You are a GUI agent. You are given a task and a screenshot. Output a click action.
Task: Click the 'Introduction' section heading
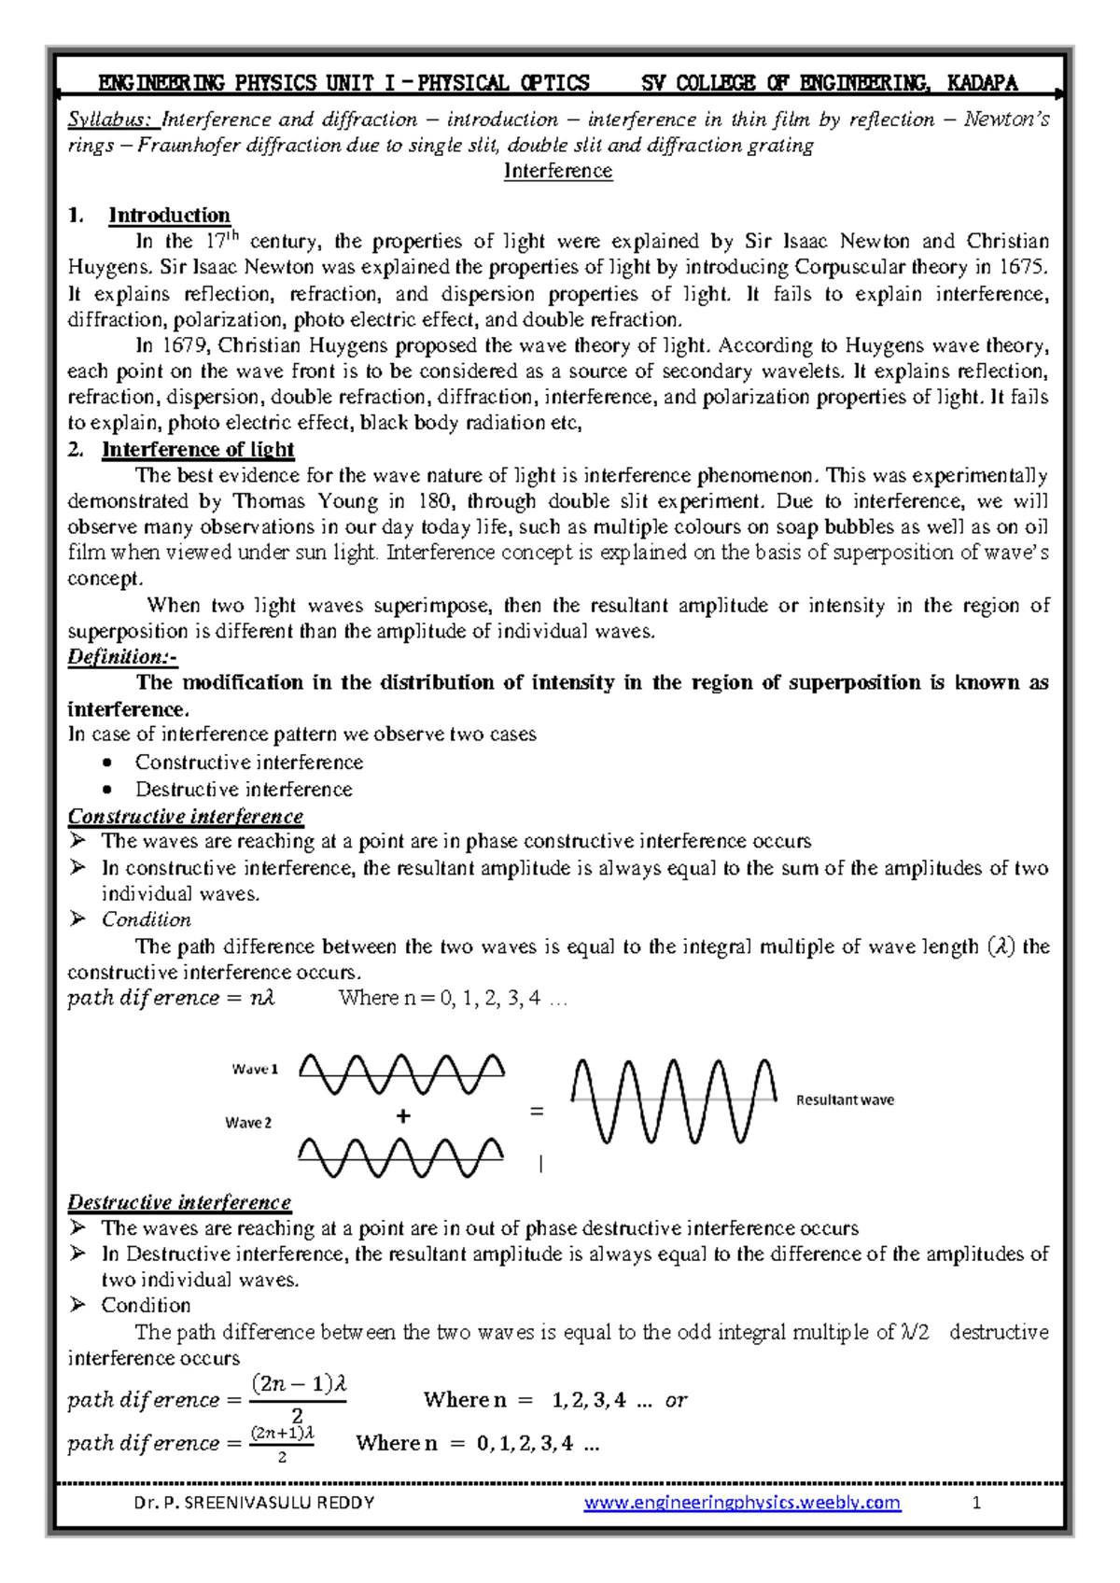[x=169, y=216]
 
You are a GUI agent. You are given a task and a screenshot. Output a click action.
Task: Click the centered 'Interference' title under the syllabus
[x=558, y=171]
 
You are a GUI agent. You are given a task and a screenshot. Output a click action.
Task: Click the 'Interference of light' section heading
[x=198, y=450]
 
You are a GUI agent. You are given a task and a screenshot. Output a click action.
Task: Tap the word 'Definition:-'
[x=121, y=657]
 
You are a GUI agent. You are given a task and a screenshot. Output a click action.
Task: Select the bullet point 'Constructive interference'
[x=248, y=763]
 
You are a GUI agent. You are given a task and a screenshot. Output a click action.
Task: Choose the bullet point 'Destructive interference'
[x=244, y=790]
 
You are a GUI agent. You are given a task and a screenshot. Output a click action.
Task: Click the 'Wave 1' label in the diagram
[x=255, y=1070]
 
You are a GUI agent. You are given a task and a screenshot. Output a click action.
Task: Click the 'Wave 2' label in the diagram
[x=248, y=1123]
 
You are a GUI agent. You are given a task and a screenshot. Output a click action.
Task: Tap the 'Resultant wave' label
[x=845, y=1100]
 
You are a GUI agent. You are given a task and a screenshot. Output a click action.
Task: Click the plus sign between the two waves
[x=403, y=1116]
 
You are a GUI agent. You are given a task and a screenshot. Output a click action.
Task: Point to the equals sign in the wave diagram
[x=536, y=1112]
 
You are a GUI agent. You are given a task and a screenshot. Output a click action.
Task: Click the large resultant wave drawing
[x=673, y=1100]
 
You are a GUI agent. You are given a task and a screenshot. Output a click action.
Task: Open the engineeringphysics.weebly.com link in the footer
[x=742, y=1503]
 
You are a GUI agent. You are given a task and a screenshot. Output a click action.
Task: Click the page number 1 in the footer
[x=976, y=1503]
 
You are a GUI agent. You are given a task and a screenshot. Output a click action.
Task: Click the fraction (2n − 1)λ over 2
[x=299, y=1398]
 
